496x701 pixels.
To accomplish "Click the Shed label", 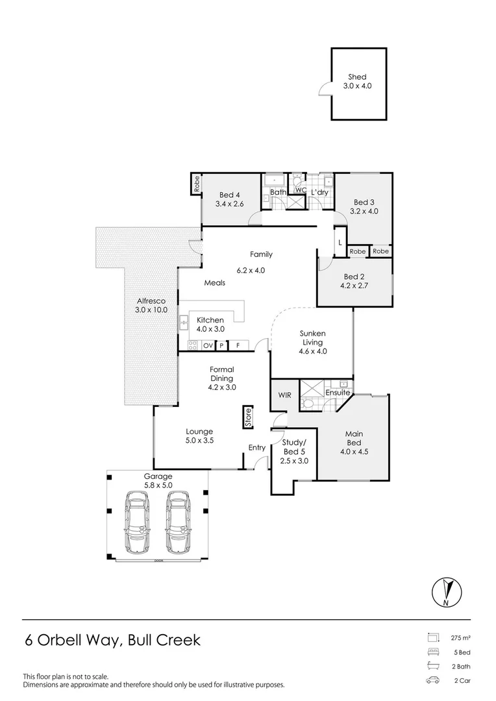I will click(358, 77).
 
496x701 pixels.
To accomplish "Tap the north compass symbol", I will click(447, 592).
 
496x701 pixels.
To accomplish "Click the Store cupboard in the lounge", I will click(247, 417).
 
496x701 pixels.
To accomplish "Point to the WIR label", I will click(284, 394).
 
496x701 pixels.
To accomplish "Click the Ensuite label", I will click(338, 393).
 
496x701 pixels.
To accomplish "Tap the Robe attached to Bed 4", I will click(195, 184).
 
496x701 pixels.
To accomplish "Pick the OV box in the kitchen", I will click(208, 345).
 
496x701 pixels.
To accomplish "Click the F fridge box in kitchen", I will click(238, 345).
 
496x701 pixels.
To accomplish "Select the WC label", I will click(301, 190).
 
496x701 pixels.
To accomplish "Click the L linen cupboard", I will click(340, 243).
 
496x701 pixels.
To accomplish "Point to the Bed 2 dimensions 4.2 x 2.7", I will click(354, 284).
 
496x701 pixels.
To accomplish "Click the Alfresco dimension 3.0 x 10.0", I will click(151, 310).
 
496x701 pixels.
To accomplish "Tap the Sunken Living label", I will click(312, 338).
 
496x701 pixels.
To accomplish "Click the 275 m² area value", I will click(460, 638).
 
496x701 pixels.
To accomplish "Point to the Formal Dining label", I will click(221, 374).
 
